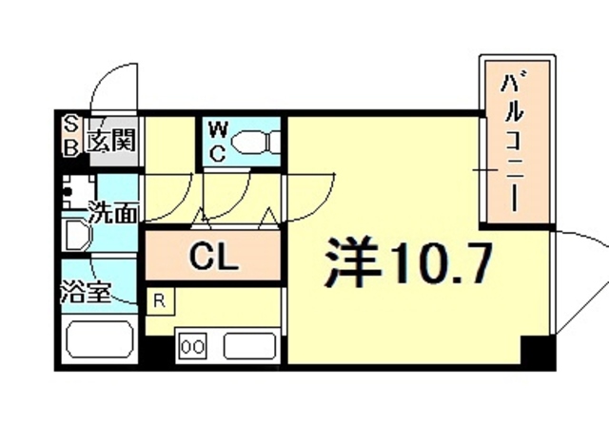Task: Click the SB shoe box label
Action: coord(71,135)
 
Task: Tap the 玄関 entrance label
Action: coord(110,141)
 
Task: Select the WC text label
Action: coord(217,140)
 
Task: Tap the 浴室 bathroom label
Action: coord(89,291)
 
